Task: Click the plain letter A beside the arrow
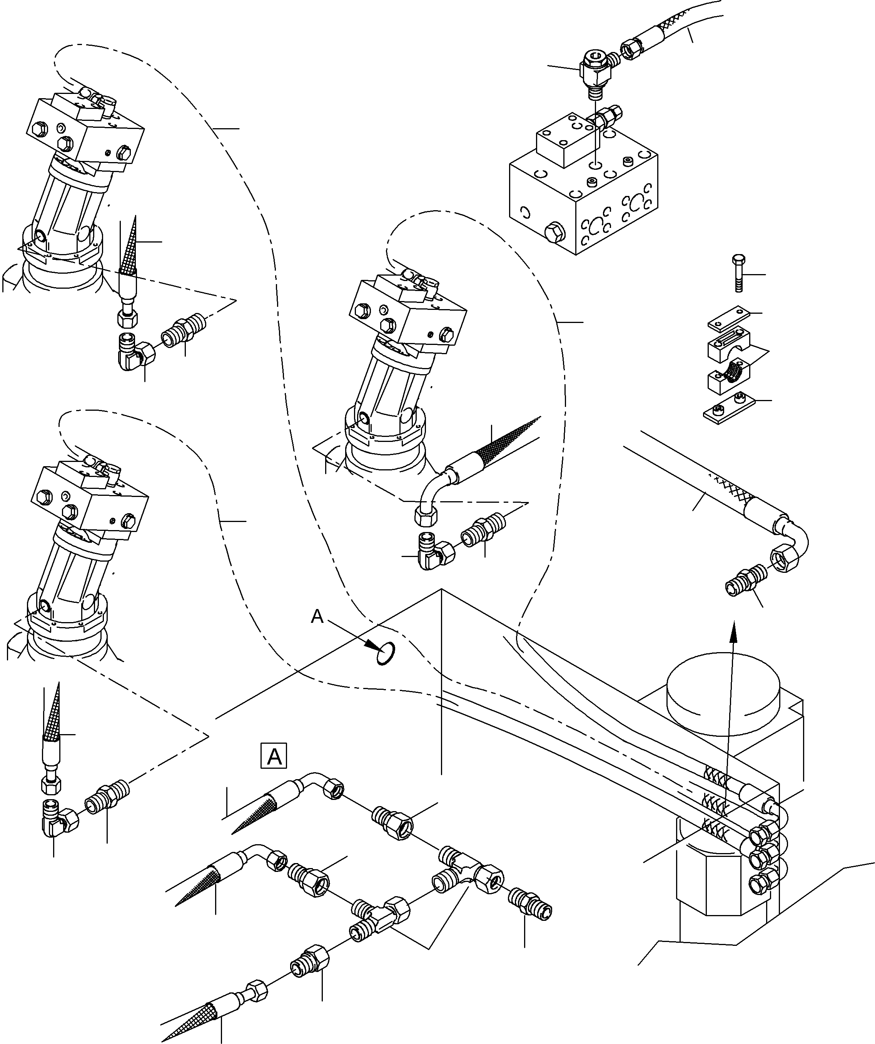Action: coord(317,617)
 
